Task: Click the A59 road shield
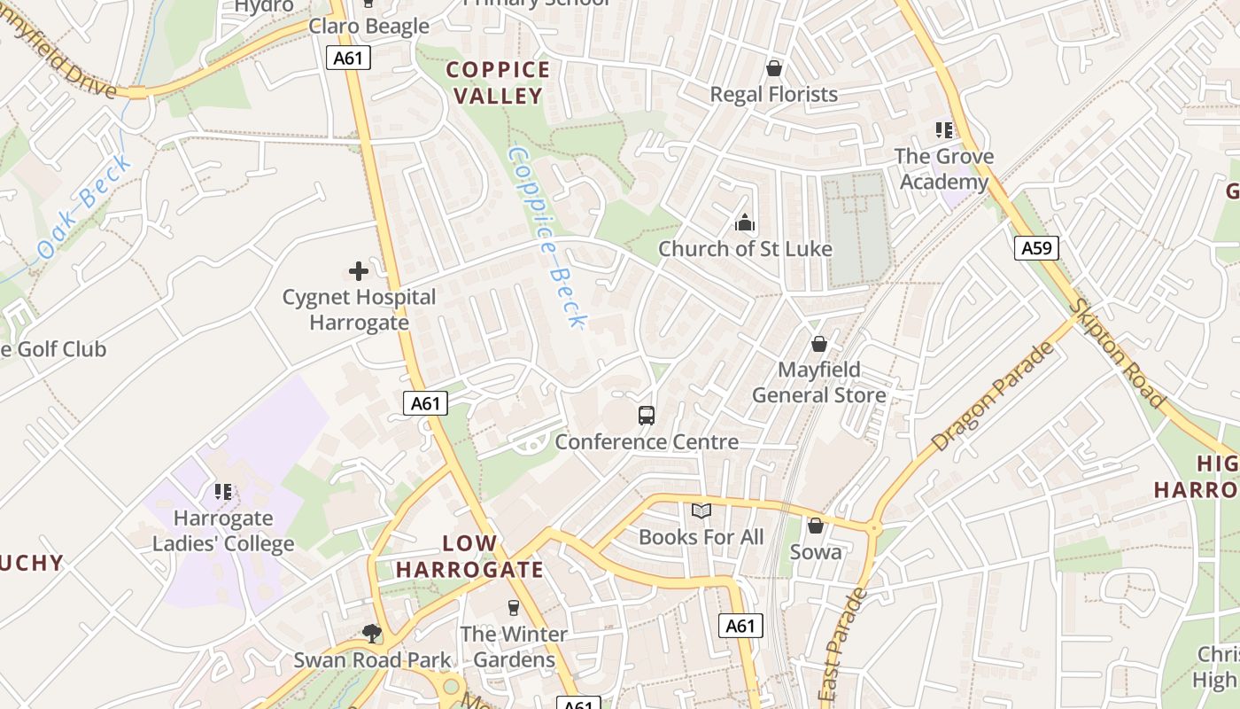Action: coord(1036,248)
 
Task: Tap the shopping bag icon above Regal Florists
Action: coord(774,68)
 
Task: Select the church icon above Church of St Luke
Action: coord(745,222)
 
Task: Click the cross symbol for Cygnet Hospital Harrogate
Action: coord(359,271)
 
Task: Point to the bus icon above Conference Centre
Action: coord(647,415)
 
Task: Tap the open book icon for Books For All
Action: coord(701,511)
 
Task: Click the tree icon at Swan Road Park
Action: coord(372,633)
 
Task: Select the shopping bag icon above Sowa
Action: coord(816,526)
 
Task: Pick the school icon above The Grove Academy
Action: coord(944,131)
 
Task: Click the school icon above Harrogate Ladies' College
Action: coord(223,491)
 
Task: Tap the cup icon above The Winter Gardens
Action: coord(513,608)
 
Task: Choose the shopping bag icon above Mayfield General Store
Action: coord(819,343)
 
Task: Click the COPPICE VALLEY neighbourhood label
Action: coord(497,82)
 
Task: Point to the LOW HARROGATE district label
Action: coord(469,557)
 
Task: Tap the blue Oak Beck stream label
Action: coord(85,207)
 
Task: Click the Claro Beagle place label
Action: coord(368,26)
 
